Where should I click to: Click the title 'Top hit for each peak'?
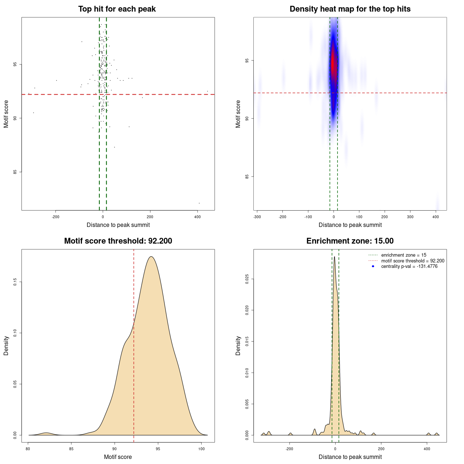click(117, 9)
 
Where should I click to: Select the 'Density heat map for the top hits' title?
click(350, 9)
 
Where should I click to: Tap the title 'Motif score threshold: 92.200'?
click(118, 241)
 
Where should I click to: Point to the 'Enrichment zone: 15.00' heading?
click(350, 241)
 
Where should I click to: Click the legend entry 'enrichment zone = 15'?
click(403, 255)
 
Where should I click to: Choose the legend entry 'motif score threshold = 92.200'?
click(413, 261)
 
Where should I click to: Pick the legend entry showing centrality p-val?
click(409, 266)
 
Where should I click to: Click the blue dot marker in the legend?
click(373, 266)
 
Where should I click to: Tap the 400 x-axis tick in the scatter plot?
click(198, 217)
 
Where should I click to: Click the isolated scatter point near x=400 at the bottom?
click(199, 203)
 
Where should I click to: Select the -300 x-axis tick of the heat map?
click(257, 217)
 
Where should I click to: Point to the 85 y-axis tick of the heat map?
click(246, 177)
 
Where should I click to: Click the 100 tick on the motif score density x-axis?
click(202, 449)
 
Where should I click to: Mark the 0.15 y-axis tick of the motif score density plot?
click(15, 282)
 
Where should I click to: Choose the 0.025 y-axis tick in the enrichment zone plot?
click(247, 279)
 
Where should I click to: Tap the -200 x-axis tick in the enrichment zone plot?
click(289, 449)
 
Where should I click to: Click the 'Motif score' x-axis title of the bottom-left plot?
click(118, 457)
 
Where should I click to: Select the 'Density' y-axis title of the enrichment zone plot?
click(238, 345)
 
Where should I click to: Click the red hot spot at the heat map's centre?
click(333, 65)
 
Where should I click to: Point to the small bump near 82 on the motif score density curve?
click(46, 433)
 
